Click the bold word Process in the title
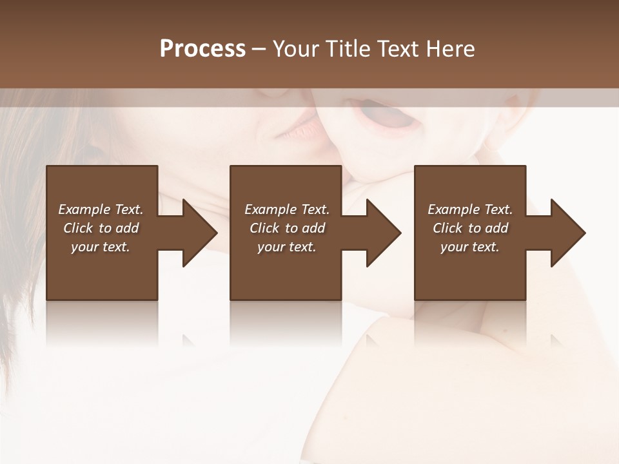point(202,48)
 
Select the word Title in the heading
point(347,48)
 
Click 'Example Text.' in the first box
point(101,209)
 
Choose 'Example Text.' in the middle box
point(287,209)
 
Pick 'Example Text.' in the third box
point(470,209)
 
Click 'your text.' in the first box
point(101,247)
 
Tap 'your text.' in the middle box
point(287,247)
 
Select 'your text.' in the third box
point(470,247)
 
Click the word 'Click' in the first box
point(78,228)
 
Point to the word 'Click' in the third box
point(447,228)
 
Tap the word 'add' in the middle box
point(313,228)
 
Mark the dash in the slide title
point(259,49)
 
